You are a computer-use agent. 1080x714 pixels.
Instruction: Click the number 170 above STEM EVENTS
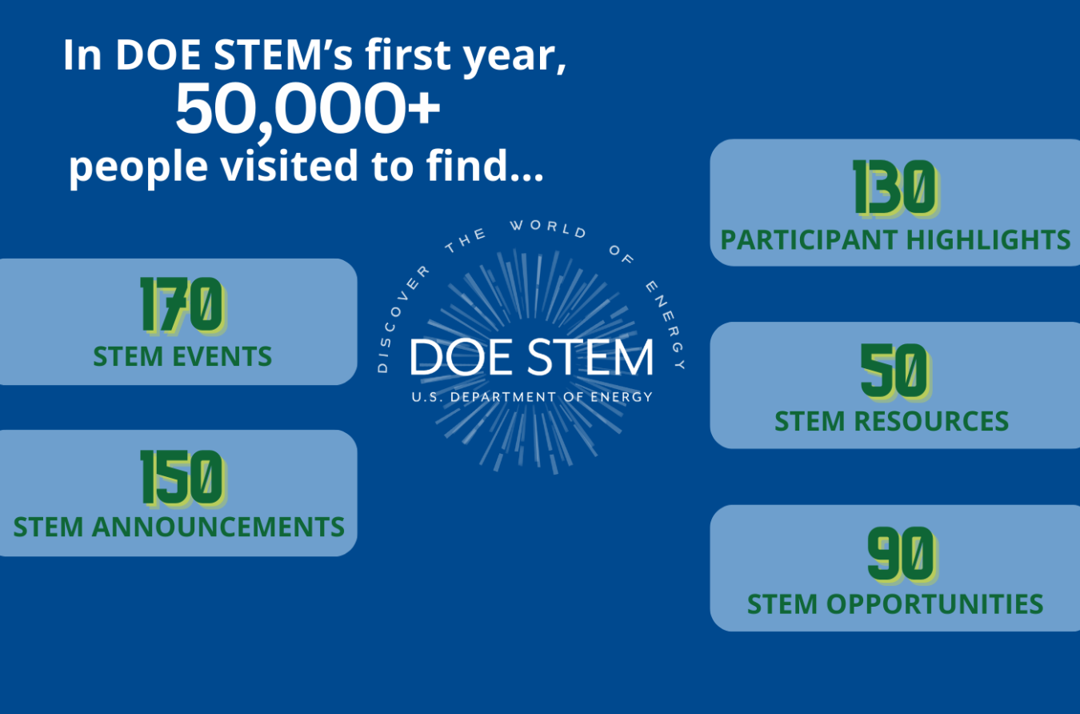[182, 305]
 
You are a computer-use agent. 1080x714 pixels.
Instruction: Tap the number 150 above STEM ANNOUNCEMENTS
[182, 478]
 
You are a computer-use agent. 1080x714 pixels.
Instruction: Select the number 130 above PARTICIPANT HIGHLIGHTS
[894, 188]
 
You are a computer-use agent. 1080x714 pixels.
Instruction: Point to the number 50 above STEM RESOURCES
[894, 371]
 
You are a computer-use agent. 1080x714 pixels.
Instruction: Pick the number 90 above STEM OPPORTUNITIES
[901, 554]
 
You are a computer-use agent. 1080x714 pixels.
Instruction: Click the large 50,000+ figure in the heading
[308, 109]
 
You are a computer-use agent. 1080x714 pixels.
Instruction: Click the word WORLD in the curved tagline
[548, 228]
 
